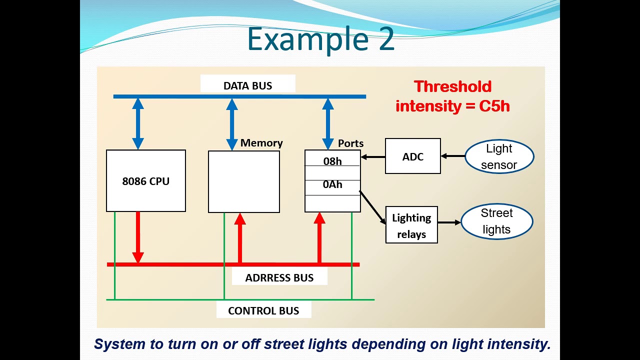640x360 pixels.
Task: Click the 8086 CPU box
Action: (146, 181)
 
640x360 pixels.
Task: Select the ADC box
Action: (413, 156)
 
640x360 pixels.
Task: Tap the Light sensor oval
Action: (499, 156)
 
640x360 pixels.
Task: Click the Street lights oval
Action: (496, 221)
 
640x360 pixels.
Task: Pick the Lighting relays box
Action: (411, 225)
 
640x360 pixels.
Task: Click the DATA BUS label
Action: (248, 85)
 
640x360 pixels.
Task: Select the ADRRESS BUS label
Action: (279, 277)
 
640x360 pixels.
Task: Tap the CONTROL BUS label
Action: (263, 310)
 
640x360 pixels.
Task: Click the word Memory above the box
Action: (261, 143)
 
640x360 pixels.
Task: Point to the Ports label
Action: (350, 143)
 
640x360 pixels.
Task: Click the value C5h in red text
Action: (494, 106)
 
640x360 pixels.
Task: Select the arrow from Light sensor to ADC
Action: (452, 156)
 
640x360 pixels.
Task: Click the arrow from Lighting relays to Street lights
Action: (449, 222)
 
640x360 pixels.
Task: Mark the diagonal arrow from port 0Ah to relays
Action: (373, 207)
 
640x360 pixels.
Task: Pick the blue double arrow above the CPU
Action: (138, 123)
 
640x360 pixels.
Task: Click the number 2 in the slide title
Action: (386, 40)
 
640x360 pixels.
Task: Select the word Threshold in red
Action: (452, 86)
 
